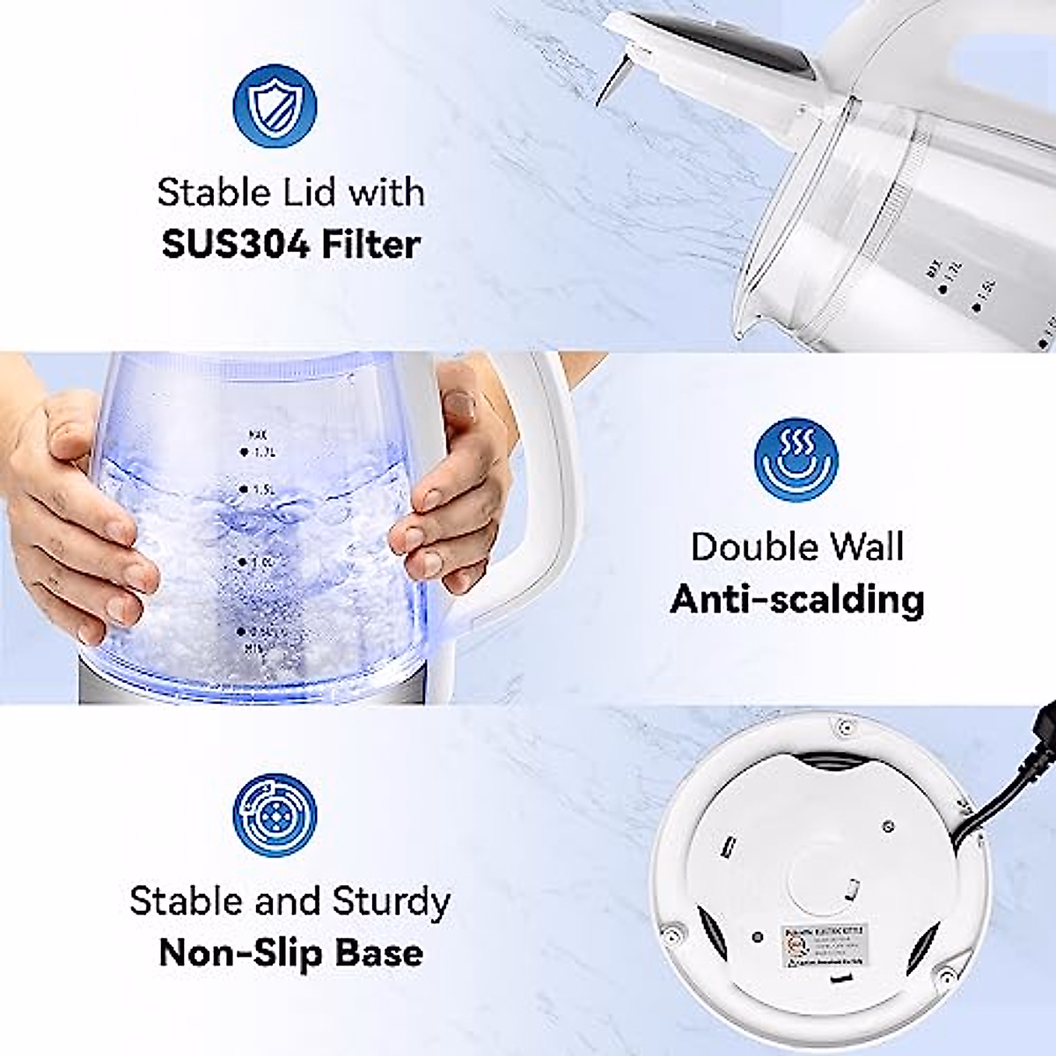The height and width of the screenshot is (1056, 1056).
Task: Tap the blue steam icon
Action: (x=796, y=459)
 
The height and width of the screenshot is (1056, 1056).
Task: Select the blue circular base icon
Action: (x=275, y=814)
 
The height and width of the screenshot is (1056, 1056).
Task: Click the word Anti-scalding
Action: (x=796, y=599)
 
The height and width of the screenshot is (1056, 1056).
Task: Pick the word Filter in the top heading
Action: (x=370, y=244)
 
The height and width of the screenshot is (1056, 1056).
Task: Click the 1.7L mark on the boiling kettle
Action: (x=260, y=452)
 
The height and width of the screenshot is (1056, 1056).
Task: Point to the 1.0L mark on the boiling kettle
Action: (x=258, y=561)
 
